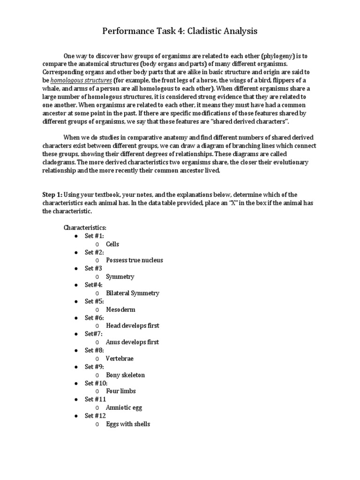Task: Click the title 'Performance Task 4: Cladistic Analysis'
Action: point(180,31)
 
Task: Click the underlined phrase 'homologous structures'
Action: point(78,80)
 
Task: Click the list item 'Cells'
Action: point(112,244)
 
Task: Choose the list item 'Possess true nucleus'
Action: point(135,260)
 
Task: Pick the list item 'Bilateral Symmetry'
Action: point(133,293)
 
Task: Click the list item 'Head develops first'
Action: point(133,326)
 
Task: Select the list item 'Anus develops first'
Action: point(133,342)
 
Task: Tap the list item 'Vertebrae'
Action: point(120,359)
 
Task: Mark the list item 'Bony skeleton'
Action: point(125,375)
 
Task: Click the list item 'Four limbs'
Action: point(121,391)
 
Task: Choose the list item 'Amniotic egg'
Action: point(123,407)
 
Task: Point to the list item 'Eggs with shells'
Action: point(128,424)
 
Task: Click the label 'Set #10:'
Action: point(96,383)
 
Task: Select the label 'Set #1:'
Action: point(94,236)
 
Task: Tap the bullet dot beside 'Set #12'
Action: point(76,416)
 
